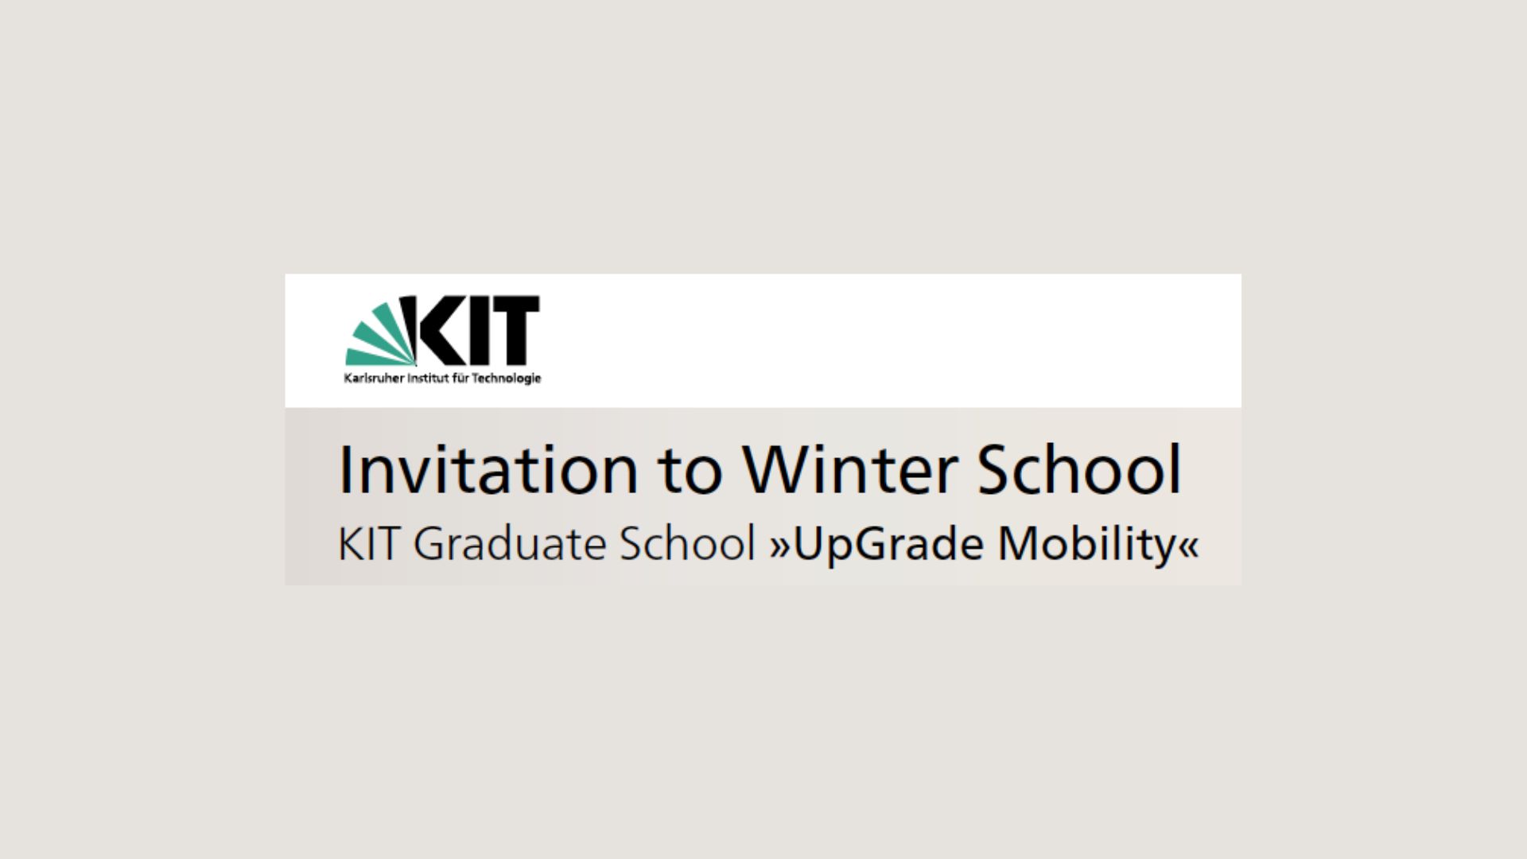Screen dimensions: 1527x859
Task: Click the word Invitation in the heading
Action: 488,469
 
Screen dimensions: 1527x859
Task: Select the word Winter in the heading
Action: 850,469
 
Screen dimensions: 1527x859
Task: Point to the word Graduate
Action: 509,544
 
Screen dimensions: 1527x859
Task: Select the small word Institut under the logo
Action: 429,378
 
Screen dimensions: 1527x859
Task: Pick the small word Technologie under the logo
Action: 507,379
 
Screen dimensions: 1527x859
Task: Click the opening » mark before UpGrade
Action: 780,547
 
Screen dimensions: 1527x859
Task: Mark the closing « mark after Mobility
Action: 1188,547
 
